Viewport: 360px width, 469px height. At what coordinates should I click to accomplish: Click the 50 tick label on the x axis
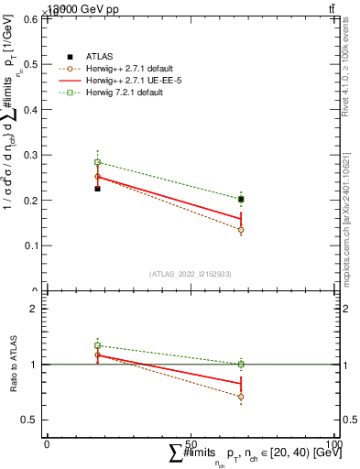191,443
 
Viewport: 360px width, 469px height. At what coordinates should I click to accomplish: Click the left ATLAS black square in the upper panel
97,188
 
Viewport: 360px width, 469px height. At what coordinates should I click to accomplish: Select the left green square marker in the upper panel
97,162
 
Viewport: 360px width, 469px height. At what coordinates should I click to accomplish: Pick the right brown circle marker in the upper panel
241,230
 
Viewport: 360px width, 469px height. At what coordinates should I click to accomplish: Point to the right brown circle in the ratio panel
241,397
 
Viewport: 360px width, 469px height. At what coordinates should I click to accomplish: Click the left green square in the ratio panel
97,345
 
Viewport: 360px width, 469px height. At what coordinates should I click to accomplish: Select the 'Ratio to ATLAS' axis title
14,364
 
